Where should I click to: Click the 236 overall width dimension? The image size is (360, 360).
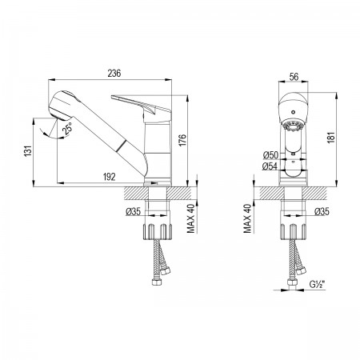pos(114,73)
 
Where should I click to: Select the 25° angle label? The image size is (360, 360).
pos(67,129)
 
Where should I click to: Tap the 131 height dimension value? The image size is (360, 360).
pos(28,150)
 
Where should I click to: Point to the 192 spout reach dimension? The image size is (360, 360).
pos(110,177)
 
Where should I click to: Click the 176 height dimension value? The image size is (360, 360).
pos(182,140)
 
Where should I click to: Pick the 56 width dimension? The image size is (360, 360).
pos(294,77)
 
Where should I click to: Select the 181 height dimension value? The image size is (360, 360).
pos(331,138)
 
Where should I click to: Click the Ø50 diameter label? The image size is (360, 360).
pos(270,155)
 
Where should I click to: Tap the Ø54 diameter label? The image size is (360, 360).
pos(270,166)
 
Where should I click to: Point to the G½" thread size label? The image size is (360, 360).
pos(318,285)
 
